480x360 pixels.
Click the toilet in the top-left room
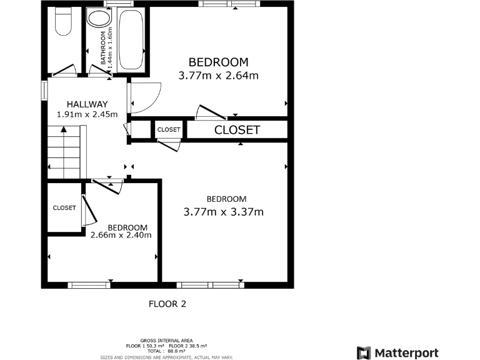click(x=63, y=23)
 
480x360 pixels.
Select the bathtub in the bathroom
click(x=131, y=39)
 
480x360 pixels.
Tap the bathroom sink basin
click(x=98, y=17)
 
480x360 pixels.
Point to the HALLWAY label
click(x=87, y=104)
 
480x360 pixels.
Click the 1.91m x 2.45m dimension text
click(x=87, y=114)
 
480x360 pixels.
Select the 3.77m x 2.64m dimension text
click(x=218, y=76)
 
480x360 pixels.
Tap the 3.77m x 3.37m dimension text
click(x=223, y=212)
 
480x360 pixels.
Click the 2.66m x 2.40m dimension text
click(x=121, y=235)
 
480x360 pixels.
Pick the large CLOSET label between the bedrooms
click(x=237, y=130)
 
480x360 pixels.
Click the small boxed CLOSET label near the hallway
click(x=168, y=129)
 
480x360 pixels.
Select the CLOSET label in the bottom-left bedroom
click(x=64, y=207)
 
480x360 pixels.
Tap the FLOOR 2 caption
click(x=167, y=304)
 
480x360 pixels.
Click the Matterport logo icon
click(x=364, y=352)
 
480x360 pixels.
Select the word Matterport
click(x=407, y=352)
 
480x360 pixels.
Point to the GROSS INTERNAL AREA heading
click(x=166, y=340)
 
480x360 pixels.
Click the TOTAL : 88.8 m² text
click(x=166, y=351)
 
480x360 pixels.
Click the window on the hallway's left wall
click(x=44, y=89)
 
